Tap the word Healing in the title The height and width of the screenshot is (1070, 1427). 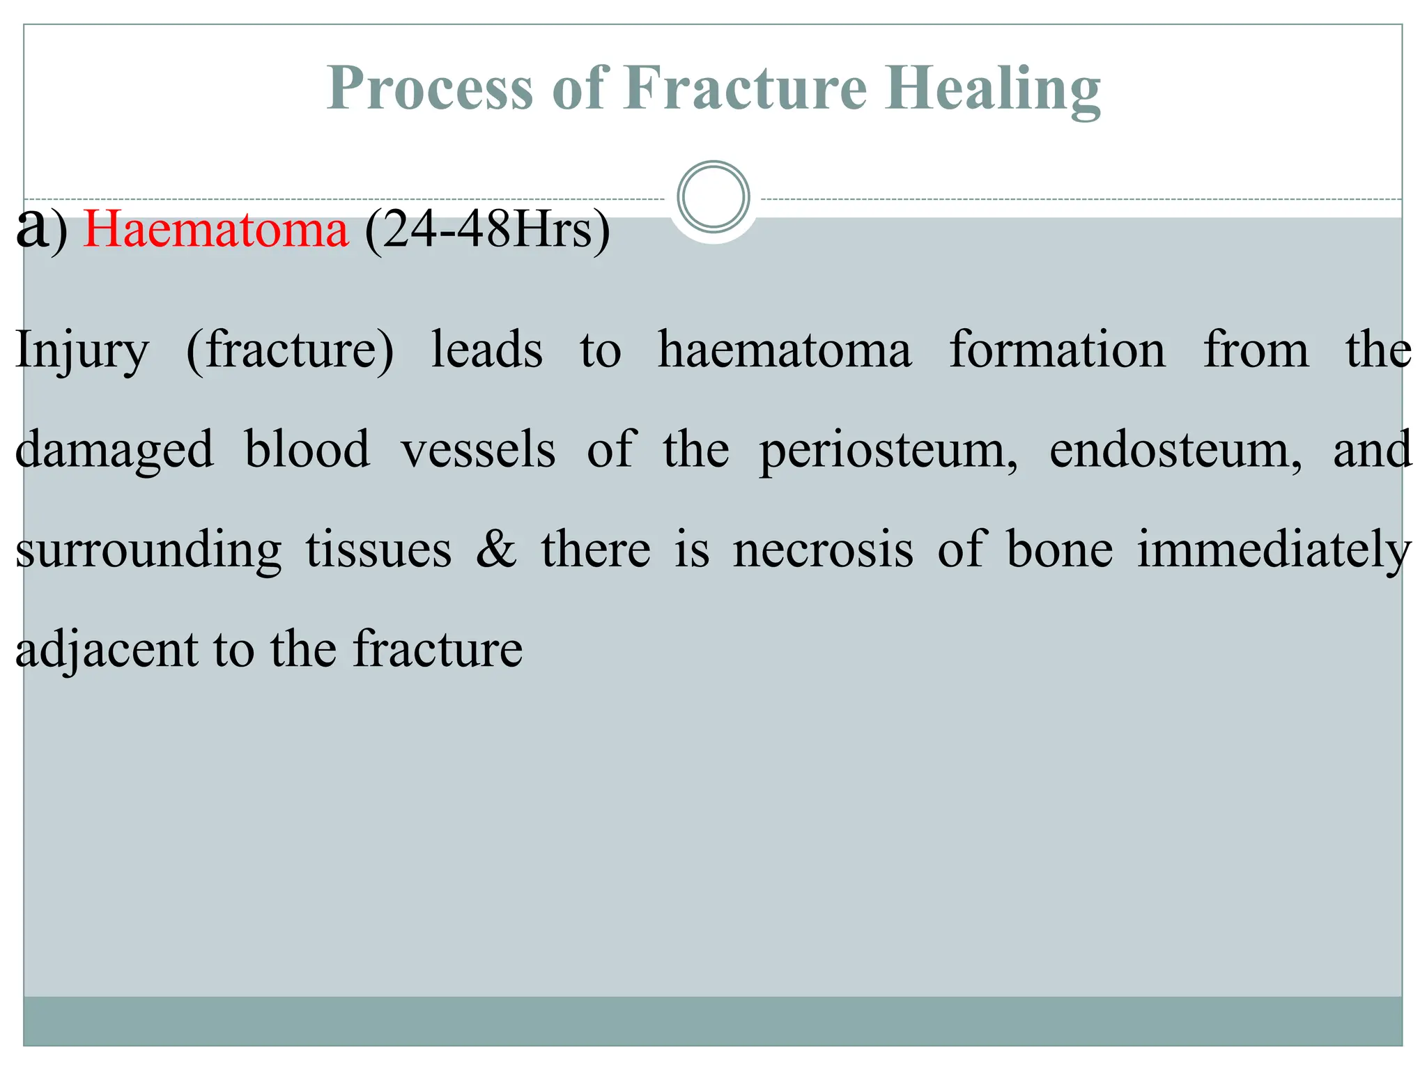[992, 89]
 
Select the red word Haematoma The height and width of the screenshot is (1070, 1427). [215, 230]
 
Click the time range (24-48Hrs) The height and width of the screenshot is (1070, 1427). [487, 230]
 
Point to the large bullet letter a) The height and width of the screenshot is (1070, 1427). [40, 228]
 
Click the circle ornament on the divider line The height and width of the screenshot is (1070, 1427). [713, 197]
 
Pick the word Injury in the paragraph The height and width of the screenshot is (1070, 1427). [82, 350]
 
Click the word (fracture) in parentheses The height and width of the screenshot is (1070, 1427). [290, 350]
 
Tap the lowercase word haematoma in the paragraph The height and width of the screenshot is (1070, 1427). [785, 350]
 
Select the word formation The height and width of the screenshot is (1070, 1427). [1057, 350]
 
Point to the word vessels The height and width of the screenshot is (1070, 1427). [479, 450]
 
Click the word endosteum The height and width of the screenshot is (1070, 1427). [1175, 450]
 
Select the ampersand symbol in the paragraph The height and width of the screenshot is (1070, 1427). [496, 549]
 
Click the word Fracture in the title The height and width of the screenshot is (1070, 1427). [745, 89]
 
